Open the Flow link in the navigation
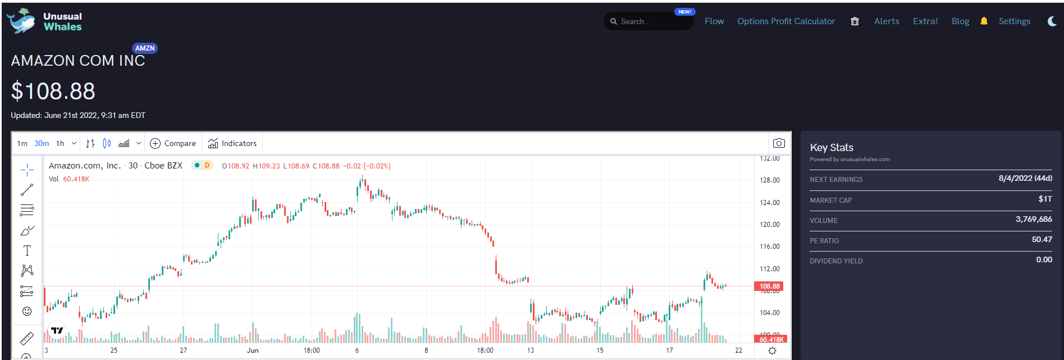pyautogui.click(x=714, y=21)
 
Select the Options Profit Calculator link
pyautogui.click(x=786, y=21)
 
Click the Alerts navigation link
pyautogui.click(x=887, y=21)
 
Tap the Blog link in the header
pyautogui.click(x=960, y=21)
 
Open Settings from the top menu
pyautogui.click(x=1015, y=21)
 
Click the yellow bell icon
pyautogui.click(x=984, y=21)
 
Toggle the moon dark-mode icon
pyautogui.click(x=1052, y=21)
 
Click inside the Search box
pyautogui.click(x=649, y=21)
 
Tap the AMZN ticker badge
pyautogui.click(x=145, y=48)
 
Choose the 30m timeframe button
pyautogui.click(x=42, y=143)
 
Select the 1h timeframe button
pyautogui.click(x=60, y=143)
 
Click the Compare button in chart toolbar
pyautogui.click(x=173, y=143)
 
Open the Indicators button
pyautogui.click(x=232, y=143)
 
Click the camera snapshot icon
pyautogui.click(x=779, y=143)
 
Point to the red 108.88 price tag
pyautogui.click(x=769, y=286)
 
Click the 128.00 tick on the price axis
pyautogui.click(x=769, y=180)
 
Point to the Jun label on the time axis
pyautogui.click(x=253, y=350)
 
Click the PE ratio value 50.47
pyautogui.click(x=1042, y=240)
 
